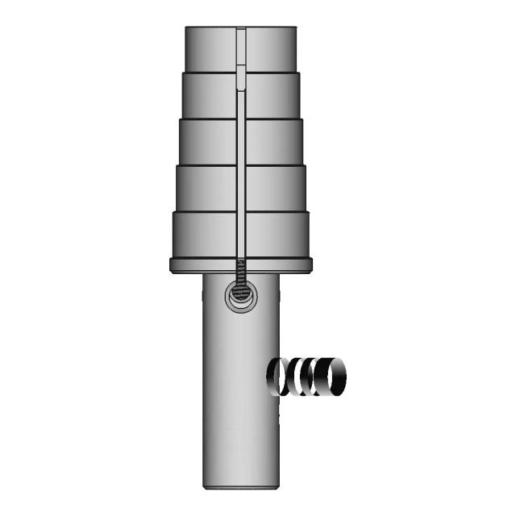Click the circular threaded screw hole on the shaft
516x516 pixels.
(240, 295)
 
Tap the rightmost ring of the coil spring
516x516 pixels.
(331, 377)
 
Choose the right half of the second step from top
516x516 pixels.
(273, 95)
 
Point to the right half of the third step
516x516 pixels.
(275, 141)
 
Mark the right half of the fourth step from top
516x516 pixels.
(277, 188)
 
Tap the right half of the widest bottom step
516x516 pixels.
(278, 235)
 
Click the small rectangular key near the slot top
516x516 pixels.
(240, 79)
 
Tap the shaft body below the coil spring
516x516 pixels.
(240, 443)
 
